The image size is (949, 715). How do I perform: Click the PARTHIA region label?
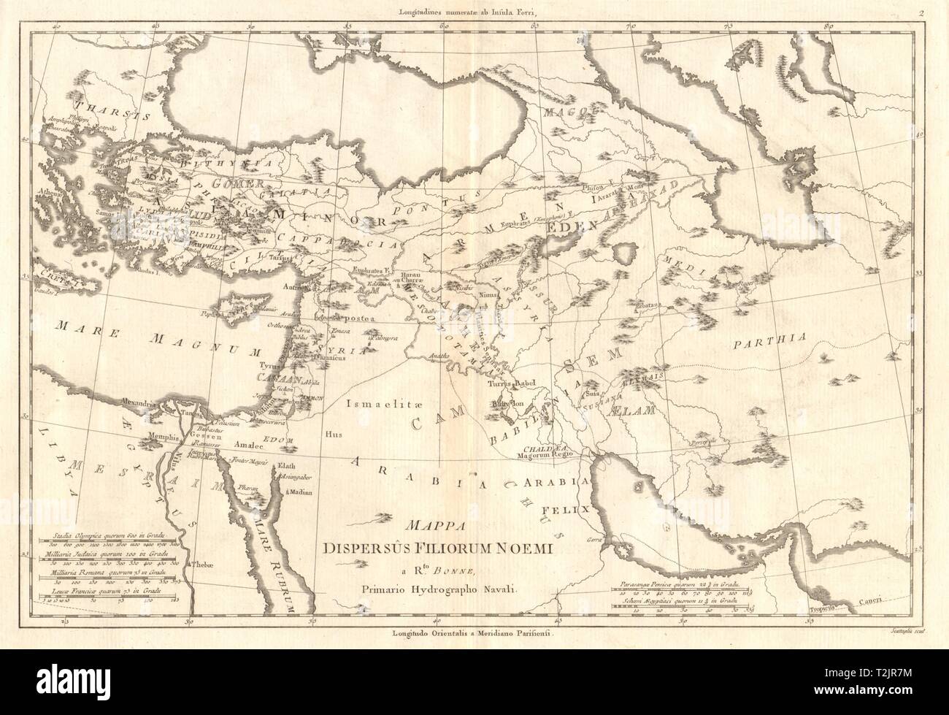770,337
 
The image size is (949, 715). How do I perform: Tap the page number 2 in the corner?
922,12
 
